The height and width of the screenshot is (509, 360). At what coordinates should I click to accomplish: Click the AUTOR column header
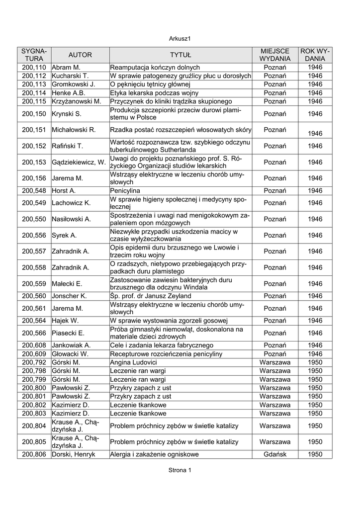tap(80, 55)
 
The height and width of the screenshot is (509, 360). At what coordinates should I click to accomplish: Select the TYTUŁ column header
tap(180, 55)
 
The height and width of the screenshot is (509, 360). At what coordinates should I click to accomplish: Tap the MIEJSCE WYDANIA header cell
tap(274, 55)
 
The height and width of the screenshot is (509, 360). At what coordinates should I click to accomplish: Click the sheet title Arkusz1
tap(180, 38)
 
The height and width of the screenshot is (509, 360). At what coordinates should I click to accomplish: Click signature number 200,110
tap(34, 67)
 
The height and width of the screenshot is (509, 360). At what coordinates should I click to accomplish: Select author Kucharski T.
tap(70, 76)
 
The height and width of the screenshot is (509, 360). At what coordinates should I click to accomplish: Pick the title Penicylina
tap(125, 191)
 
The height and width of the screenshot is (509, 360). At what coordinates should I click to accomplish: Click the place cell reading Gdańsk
tap(274, 454)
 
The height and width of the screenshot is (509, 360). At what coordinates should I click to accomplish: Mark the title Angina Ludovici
tap(134, 362)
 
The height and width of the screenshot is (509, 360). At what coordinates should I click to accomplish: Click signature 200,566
tap(34, 333)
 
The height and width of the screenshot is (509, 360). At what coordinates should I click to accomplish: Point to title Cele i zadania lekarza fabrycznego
tap(162, 345)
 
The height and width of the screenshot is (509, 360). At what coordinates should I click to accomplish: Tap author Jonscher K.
tap(69, 296)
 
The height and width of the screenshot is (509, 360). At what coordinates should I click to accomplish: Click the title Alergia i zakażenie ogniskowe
tap(154, 454)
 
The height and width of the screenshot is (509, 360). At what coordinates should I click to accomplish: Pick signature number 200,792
tap(34, 362)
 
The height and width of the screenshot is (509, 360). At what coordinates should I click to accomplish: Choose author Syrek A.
tap(64, 235)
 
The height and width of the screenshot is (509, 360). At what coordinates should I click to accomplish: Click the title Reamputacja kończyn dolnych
tap(155, 67)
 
